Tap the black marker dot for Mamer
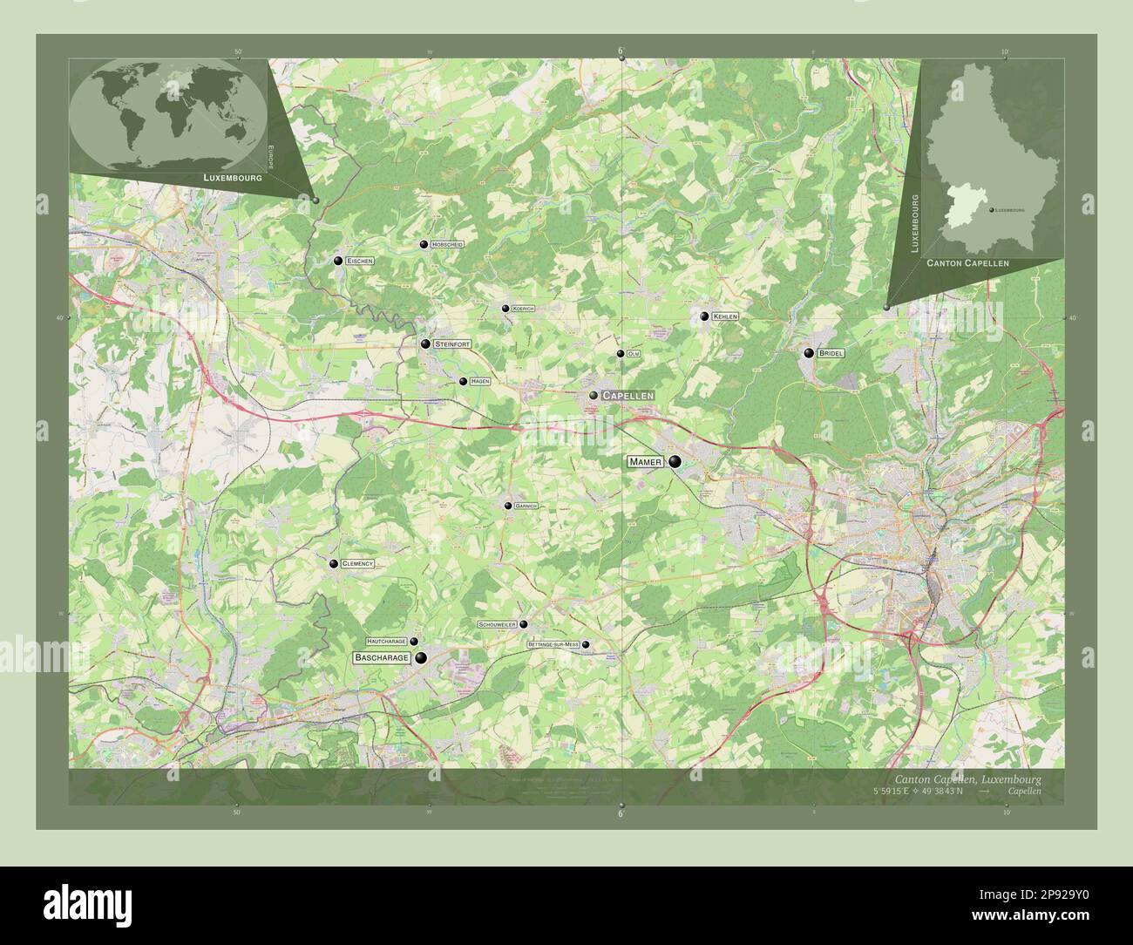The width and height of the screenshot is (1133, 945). tap(675, 462)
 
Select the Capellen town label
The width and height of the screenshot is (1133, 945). tap(628, 395)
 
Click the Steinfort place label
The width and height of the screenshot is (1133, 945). tap(451, 345)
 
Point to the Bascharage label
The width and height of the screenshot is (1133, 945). tap(382, 658)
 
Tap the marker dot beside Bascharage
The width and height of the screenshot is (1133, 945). tap(421, 658)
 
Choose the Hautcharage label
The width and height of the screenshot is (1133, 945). tap(386, 641)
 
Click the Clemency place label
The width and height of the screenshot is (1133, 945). tap(357, 564)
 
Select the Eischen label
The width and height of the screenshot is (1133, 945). tap(360, 261)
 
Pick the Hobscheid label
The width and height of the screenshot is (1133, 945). tap(448, 245)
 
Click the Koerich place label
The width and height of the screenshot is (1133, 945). tap(523, 309)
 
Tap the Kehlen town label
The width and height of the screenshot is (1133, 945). tap(725, 316)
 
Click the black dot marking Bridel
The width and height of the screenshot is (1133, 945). tap(809, 353)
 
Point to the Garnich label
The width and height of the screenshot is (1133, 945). tap(526, 506)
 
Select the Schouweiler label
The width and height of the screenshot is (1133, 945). tap(498, 625)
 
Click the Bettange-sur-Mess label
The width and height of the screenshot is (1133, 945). tap(553, 644)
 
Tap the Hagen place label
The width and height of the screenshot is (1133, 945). tap(479, 381)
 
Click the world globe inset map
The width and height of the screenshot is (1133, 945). tap(167, 113)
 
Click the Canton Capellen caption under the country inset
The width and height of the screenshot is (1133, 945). tap(967, 262)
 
